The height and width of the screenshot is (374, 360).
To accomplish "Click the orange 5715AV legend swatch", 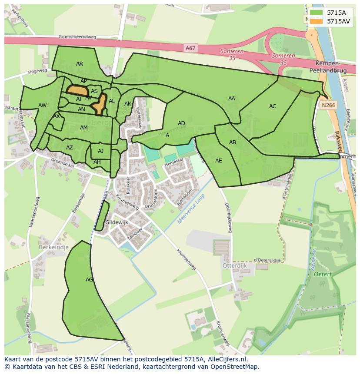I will (317, 21).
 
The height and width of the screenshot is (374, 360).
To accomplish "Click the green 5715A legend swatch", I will (317, 13).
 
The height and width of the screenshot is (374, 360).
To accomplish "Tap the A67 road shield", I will (190, 49).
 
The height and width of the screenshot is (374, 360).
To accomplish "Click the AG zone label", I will (89, 280).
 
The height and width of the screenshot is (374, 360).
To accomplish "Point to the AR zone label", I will (80, 64).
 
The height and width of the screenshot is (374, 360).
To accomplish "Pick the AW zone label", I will (42, 106).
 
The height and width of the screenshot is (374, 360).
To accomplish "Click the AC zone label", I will (273, 106).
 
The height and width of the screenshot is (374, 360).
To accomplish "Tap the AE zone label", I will (219, 161).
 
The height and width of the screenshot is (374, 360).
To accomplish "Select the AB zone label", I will (233, 142).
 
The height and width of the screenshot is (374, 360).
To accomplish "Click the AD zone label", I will (182, 123).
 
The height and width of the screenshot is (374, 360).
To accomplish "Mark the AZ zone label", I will (70, 148).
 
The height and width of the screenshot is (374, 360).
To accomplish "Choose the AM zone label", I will (84, 128).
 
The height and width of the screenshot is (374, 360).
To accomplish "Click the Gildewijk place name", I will (117, 222).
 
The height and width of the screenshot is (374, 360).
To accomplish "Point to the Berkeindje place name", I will (54, 247).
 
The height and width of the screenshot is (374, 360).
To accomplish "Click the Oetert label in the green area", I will (323, 274).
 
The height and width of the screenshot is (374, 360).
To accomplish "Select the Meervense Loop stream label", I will (191, 209).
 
